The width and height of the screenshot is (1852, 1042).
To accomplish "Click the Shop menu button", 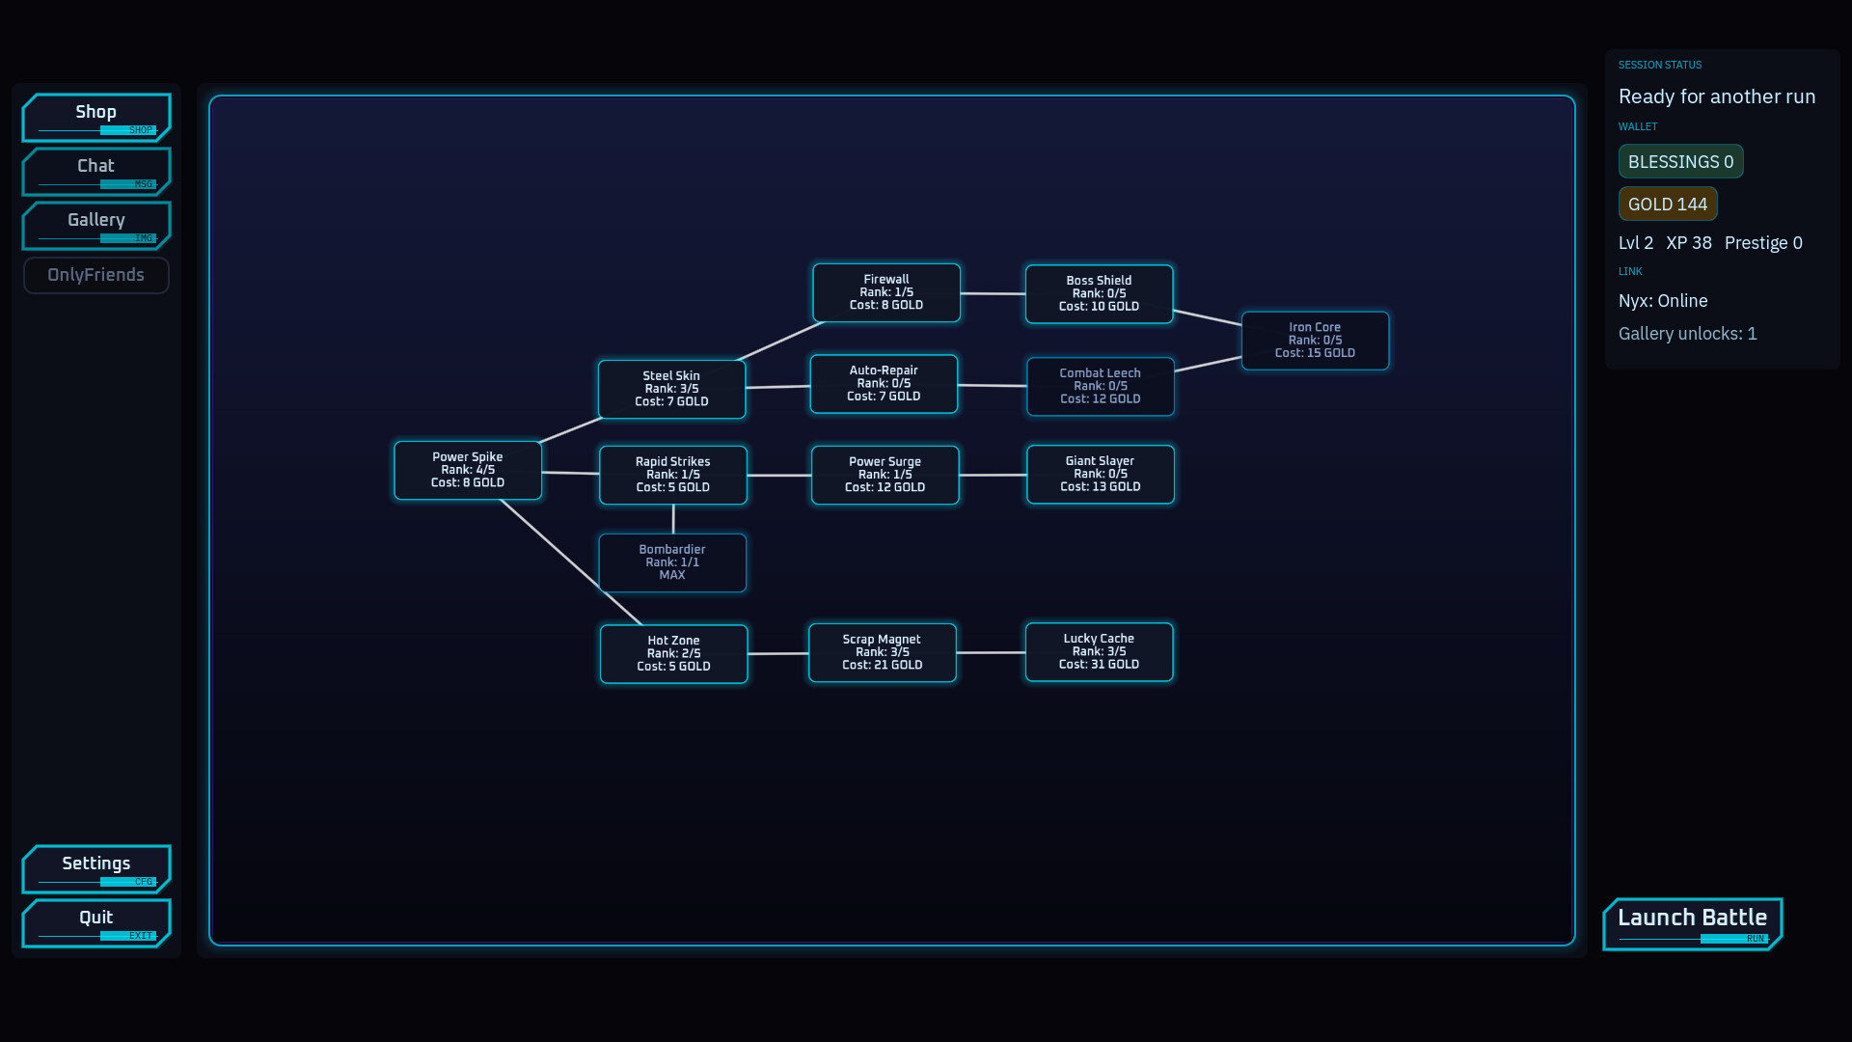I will coord(96,117).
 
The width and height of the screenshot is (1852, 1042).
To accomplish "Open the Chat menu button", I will coord(96,171).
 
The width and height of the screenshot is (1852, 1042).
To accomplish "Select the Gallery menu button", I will coord(96,225).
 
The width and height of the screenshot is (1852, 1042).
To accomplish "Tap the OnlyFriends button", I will coord(96,275).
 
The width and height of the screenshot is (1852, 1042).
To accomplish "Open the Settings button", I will coord(96,868).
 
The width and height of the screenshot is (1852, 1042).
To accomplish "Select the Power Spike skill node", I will coord(468,470).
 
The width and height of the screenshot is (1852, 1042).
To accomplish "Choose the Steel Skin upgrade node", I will coord(671,389).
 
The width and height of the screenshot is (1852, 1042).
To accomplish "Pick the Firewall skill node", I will coord(886,292).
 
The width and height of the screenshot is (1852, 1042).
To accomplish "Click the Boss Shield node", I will coord(1099,293).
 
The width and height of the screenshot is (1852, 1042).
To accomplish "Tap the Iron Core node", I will coord(1315,340).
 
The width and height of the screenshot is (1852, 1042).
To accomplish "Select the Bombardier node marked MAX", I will coord(672,562).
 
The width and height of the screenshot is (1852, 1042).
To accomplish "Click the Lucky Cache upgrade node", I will coord(1099,651).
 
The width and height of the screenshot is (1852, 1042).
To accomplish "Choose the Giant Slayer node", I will coord(1100,474).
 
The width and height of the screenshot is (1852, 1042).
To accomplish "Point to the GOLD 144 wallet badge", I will coord(1667,204).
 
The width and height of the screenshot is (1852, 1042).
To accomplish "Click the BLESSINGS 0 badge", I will coord(1680,161).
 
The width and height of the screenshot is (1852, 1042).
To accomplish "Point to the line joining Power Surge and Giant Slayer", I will coord(993,475).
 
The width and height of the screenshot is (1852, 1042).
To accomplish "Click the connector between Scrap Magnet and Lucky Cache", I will coord(991,652).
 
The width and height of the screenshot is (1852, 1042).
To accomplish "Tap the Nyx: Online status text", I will coord(1663,300).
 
